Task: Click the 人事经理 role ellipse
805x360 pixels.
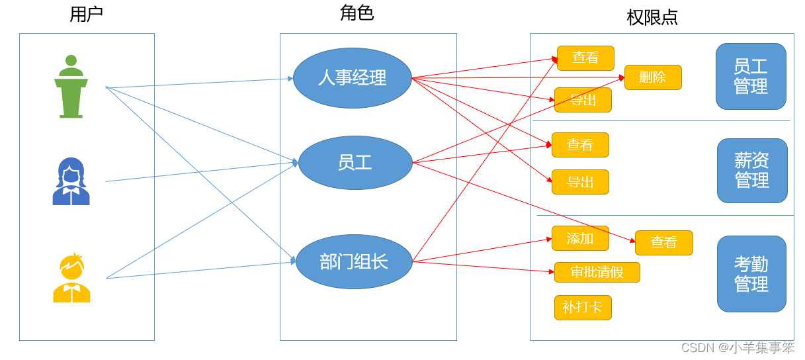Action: [x=352, y=78]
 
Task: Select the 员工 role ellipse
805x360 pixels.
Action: [x=355, y=163]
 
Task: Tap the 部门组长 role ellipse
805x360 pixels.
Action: [x=354, y=261]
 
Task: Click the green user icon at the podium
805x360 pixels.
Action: [x=71, y=87]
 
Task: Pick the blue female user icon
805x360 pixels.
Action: [x=71, y=181]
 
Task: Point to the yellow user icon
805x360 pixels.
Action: [x=71, y=278]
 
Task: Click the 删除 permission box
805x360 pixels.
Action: [x=652, y=77]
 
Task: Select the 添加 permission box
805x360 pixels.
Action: [x=580, y=238]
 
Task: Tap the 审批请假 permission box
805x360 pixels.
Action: [x=597, y=272]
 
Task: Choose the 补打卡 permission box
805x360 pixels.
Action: [x=582, y=307]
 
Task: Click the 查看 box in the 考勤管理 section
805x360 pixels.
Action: [x=663, y=242]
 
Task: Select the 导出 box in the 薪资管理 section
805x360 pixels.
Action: [x=580, y=182]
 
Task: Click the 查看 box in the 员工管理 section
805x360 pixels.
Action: [x=585, y=58]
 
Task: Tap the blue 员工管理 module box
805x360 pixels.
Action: [x=751, y=77]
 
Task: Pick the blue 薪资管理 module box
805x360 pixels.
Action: [x=752, y=171]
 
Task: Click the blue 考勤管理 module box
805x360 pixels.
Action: [x=751, y=274]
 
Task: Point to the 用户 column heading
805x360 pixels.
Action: [x=86, y=15]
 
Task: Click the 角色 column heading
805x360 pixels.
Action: [x=357, y=13]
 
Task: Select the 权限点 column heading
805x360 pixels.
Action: [x=652, y=17]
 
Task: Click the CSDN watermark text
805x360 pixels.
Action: [x=738, y=347]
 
